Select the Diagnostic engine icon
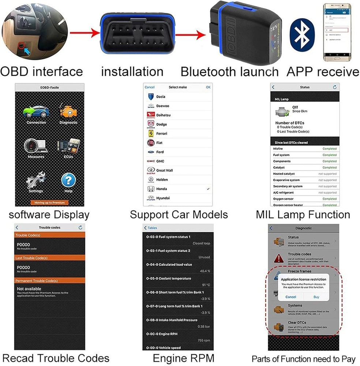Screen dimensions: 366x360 68,111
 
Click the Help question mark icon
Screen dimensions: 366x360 68,180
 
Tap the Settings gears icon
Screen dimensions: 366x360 36,180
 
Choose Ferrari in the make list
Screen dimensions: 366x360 162,134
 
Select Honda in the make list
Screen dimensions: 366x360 161,189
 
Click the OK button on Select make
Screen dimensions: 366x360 208,87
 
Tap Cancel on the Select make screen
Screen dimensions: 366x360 150,87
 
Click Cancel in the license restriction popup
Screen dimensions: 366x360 290,297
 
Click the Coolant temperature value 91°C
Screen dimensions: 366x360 205,285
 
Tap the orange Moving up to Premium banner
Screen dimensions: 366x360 49,202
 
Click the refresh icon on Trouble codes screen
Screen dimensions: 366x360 80,228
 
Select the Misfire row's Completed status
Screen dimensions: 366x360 329,149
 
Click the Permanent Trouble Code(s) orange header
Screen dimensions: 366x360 49,281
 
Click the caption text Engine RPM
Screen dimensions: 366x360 183,358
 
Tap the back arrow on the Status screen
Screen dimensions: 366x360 273,87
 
